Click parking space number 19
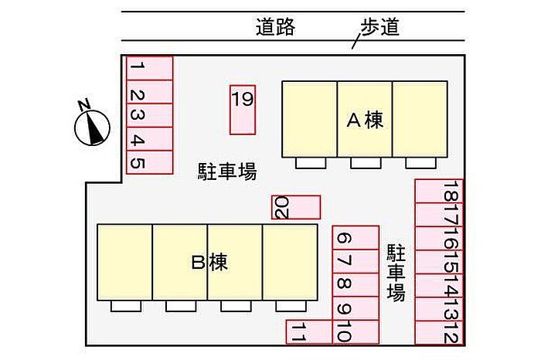click(243, 110)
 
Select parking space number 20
click(296, 207)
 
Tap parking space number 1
click(150, 68)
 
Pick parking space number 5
click(150, 162)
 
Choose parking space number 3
click(150, 115)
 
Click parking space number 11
click(309, 331)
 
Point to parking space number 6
click(356, 238)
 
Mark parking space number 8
click(356, 285)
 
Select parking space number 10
click(356, 331)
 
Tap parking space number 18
click(439, 191)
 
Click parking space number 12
click(439, 332)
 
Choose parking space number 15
click(439, 262)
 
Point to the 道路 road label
click(275, 27)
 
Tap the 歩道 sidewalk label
click(380, 27)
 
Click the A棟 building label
click(365, 120)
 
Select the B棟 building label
click(209, 263)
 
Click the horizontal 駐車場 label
click(227, 171)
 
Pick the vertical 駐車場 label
click(396, 273)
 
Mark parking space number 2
click(150, 92)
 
